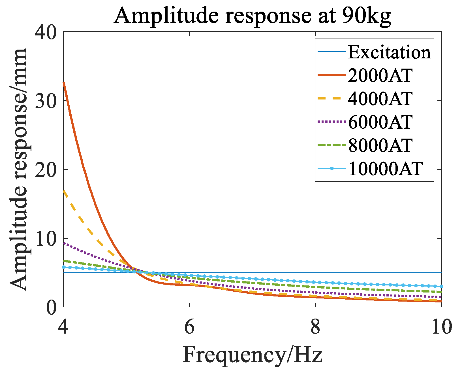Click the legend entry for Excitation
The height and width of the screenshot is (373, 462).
(x=389, y=52)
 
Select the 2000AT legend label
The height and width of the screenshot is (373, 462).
(x=380, y=76)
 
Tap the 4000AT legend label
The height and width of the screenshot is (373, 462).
(x=380, y=99)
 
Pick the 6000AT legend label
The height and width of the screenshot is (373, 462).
(x=380, y=122)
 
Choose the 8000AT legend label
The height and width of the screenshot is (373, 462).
(x=380, y=145)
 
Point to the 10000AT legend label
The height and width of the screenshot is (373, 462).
(x=385, y=169)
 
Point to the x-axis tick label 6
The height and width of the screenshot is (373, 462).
(x=189, y=327)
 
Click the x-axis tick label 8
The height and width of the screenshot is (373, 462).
(x=315, y=327)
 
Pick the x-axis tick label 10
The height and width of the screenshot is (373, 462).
(x=441, y=327)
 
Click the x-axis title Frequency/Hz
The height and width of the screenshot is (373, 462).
(x=252, y=355)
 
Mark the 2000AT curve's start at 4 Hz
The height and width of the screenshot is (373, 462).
(x=64, y=82)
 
